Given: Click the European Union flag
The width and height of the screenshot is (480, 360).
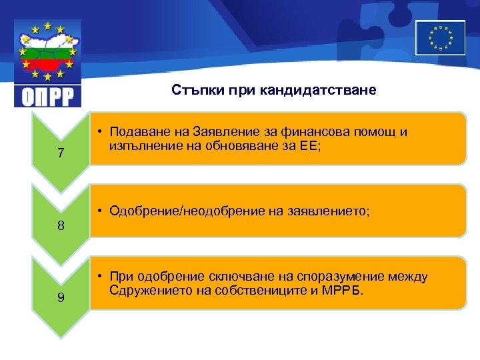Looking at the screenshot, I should [440, 37].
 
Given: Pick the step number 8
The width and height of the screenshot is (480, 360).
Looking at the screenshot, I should [61, 225].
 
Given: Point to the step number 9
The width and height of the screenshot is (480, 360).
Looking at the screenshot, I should [61, 297].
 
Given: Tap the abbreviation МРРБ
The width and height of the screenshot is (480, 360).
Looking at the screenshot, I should [344, 291].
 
